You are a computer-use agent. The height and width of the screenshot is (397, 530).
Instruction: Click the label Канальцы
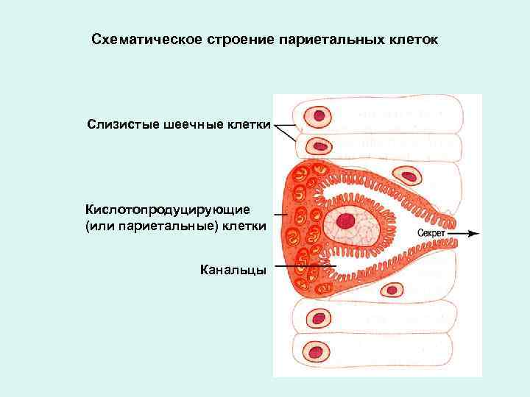232,270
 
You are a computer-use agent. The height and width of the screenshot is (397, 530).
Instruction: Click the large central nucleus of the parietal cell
345,221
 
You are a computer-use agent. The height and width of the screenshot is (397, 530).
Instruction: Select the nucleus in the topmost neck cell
319,115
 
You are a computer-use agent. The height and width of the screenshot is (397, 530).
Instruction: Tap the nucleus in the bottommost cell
319,349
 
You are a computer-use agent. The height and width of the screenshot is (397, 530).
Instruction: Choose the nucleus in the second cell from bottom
319,319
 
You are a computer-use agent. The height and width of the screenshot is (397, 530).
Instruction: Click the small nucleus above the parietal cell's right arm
407,176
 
